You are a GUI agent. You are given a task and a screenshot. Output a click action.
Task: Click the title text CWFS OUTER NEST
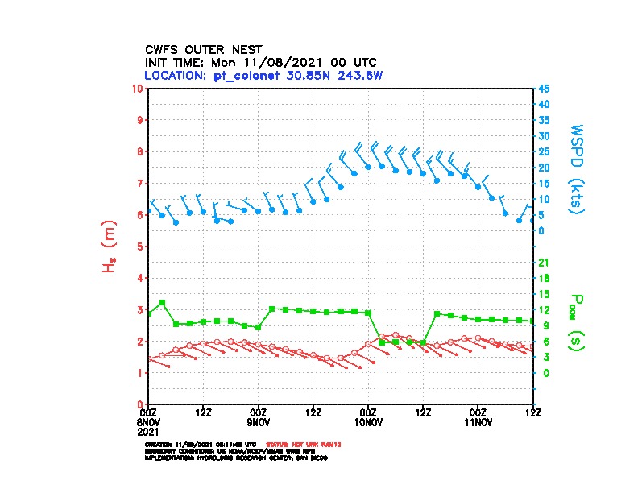203,49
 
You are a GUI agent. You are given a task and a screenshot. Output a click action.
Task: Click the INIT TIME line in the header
260,62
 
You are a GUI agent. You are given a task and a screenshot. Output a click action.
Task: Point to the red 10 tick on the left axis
139,88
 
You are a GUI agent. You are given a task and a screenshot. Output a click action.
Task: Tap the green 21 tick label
543,262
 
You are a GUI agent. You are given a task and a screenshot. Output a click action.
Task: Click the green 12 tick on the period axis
543,309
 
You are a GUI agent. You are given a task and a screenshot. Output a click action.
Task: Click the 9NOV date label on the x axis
259,421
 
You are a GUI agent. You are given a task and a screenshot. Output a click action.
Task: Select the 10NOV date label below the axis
368,421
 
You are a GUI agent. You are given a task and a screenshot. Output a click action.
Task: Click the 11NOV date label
478,421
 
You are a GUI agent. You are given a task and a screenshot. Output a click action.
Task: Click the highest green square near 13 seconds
162,302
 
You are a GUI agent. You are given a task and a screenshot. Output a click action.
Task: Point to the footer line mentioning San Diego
236,457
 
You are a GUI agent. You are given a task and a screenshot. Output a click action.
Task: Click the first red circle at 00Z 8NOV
149,358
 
